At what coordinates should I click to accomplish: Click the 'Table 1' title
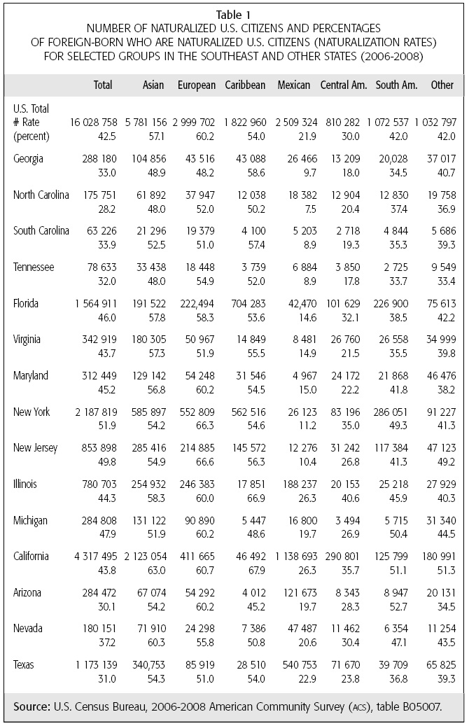tap(234, 13)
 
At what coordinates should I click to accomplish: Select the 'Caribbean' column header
tap(245, 85)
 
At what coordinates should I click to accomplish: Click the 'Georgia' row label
tap(29, 159)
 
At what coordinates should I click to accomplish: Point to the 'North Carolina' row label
tap(41, 195)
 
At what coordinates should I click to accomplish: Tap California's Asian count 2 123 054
tap(144, 557)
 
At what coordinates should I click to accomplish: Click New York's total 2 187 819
tap(94, 412)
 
